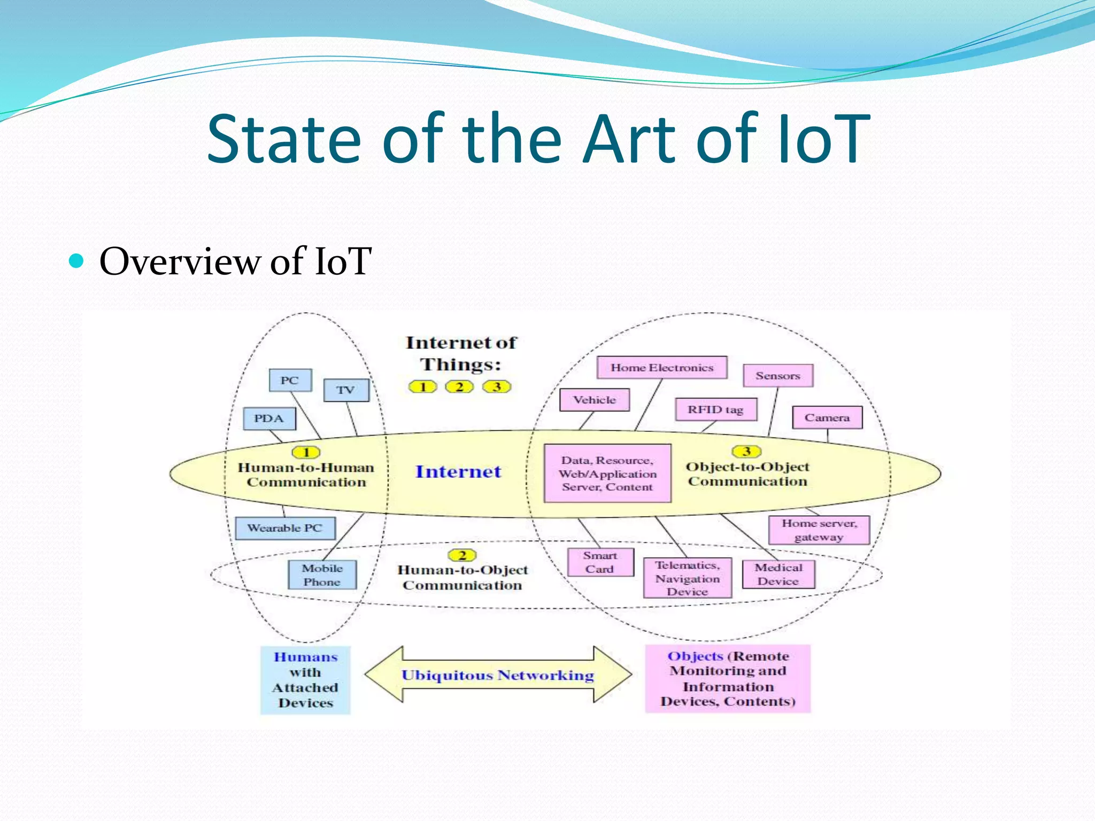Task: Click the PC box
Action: (290, 381)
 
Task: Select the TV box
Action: (346, 390)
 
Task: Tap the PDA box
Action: (269, 419)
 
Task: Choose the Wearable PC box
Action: (285, 528)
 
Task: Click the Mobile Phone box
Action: (322, 575)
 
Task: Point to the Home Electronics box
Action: (662, 368)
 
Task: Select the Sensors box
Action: (778, 376)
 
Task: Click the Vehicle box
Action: (595, 400)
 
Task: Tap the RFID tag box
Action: (715, 409)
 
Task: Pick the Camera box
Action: (827, 417)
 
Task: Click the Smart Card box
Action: (600, 562)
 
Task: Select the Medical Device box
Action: (778, 575)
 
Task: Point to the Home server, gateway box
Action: (819, 530)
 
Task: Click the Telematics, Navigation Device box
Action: (688, 578)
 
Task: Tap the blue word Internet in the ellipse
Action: (458, 471)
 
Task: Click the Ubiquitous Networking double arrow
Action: (498, 675)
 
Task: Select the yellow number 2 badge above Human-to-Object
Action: (462, 555)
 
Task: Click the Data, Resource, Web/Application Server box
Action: (607, 474)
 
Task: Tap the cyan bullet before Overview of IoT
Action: (77, 261)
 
